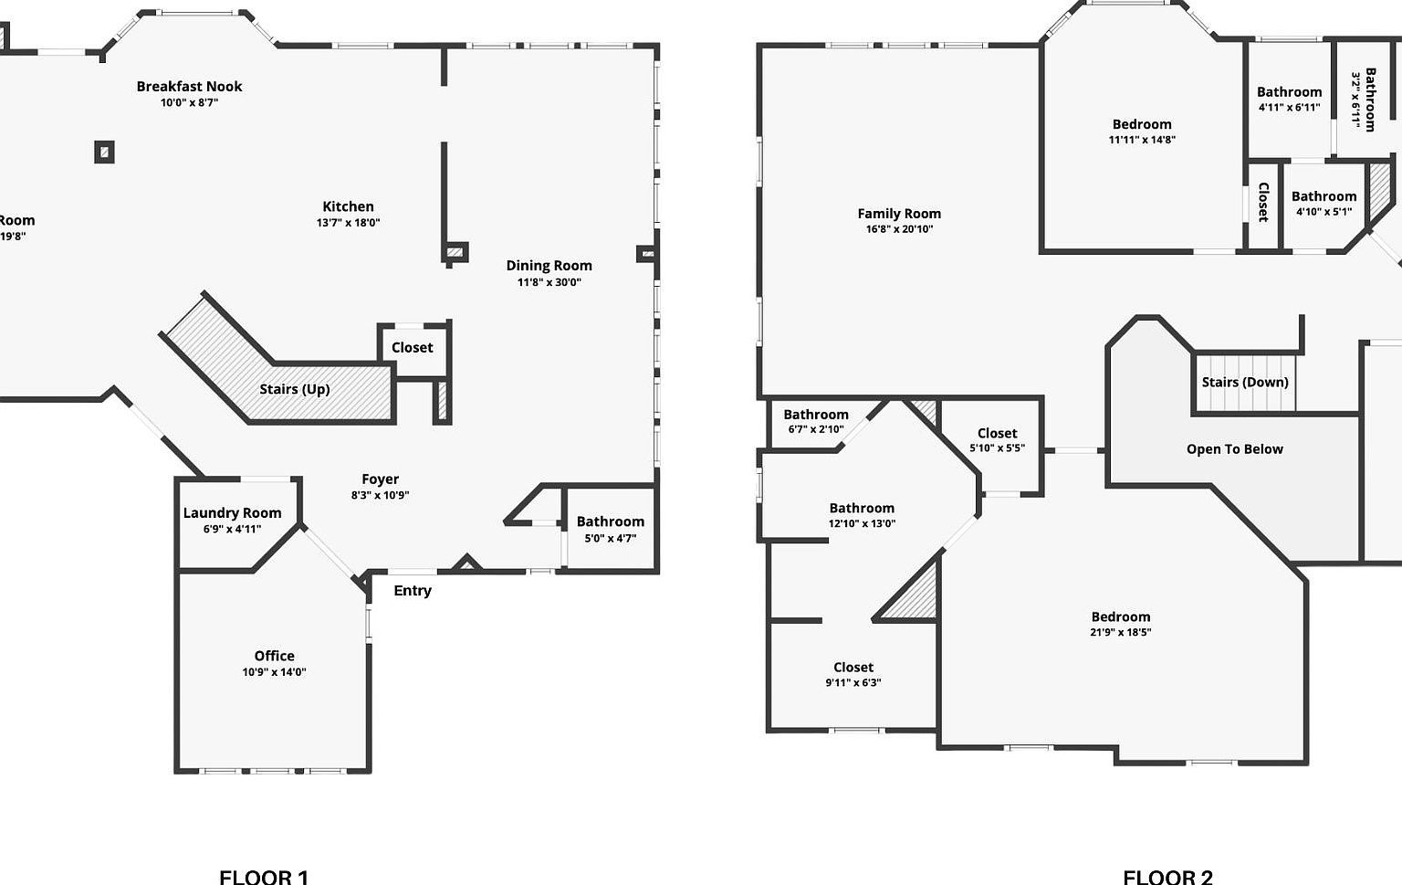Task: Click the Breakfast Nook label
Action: (x=189, y=87)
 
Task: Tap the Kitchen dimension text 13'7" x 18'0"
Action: (x=348, y=223)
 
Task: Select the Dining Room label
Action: (x=549, y=266)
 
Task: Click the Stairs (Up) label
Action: (x=294, y=389)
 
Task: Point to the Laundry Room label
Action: (x=232, y=513)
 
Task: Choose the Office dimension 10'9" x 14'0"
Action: (x=274, y=672)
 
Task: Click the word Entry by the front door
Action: (x=413, y=591)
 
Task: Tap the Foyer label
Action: (x=380, y=479)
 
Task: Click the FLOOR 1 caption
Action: (x=264, y=877)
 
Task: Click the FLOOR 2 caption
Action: (x=1167, y=877)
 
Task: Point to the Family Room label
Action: (x=899, y=214)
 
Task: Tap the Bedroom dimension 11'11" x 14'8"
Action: (x=1142, y=140)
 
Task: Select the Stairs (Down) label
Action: (x=1245, y=382)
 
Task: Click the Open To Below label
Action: (x=1234, y=449)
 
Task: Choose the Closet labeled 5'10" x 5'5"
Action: (x=997, y=440)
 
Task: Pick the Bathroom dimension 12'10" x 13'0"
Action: (x=862, y=523)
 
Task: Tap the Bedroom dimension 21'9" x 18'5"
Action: (x=1120, y=632)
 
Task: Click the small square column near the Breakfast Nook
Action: (x=104, y=152)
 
